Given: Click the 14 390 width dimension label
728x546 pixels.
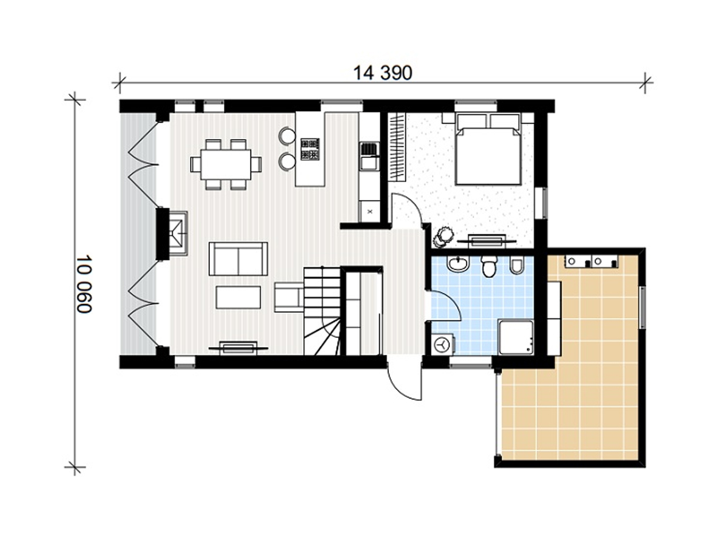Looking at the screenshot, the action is point(382,73).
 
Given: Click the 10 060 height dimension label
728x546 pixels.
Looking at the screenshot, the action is point(84,283).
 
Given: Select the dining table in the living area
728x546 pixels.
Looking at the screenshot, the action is point(225,164).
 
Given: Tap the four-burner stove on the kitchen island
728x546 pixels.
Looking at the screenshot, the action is point(310,149).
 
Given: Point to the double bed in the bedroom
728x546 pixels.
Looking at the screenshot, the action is point(487,149).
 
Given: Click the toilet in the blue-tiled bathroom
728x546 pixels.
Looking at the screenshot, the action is point(489,266).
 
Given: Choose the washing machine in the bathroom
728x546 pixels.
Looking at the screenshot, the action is point(442,345).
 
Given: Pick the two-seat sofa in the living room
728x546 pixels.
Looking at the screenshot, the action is point(238,258).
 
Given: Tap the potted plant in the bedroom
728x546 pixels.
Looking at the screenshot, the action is point(442,237).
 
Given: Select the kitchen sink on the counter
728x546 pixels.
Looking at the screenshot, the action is point(369,156).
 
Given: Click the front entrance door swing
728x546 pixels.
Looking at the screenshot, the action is point(404,379).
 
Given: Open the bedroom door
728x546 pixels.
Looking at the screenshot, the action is point(406,211).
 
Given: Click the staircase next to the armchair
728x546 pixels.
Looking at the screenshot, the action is point(322,311).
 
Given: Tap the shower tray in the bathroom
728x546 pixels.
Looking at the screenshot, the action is point(515,337).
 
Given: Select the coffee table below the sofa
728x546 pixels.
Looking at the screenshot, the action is point(238,297).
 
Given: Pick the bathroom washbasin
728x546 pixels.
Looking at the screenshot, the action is point(458,264).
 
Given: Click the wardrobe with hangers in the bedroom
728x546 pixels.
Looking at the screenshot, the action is point(397,147).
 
